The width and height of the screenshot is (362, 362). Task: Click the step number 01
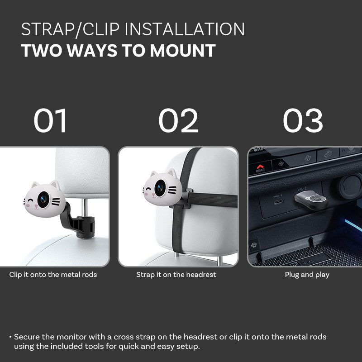click(50, 120)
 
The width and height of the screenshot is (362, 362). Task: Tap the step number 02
click(178, 120)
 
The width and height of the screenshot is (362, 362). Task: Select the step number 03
click(303, 120)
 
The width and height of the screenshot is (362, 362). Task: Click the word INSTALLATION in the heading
click(185, 29)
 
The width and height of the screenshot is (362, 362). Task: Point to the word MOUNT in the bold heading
click(183, 51)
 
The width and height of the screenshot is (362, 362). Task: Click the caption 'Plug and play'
click(307, 275)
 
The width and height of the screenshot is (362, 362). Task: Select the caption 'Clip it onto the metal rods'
click(53, 275)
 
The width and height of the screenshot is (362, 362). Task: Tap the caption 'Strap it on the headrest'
click(176, 275)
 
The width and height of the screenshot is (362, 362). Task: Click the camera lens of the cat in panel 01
click(43, 200)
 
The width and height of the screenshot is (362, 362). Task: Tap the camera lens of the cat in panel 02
click(160, 188)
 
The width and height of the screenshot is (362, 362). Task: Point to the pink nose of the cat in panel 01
click(36, 205)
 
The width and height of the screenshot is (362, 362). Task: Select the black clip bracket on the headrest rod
click(78, 220)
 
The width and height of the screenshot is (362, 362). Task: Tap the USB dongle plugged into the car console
click(311, 200)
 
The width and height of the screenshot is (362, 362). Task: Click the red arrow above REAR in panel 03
click(260, 166)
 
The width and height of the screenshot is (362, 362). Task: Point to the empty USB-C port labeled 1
click(278, 202)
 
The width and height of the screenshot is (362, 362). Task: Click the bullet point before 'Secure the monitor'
click(10, 337)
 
